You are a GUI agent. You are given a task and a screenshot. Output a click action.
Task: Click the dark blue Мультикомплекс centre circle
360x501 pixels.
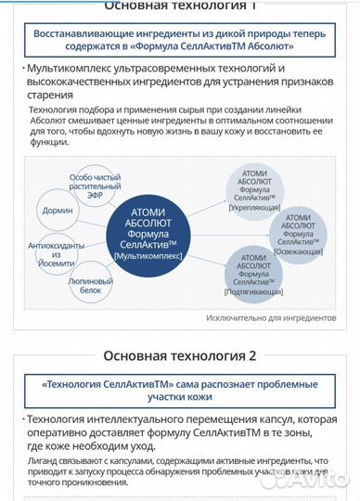point(150,231)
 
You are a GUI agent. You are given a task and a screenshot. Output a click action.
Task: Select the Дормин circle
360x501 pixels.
point(58,211)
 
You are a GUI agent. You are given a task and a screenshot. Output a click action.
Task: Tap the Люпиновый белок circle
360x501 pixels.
point(92,285)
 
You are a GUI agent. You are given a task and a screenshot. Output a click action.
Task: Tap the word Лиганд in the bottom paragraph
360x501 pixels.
point(43,458)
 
